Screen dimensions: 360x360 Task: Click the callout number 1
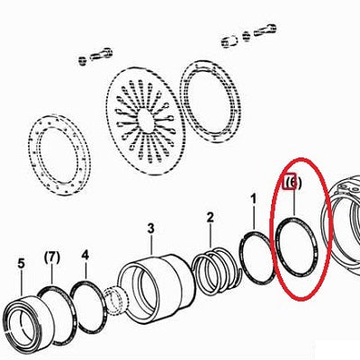click(254, 199)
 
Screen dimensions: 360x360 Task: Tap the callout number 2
click(211, 217)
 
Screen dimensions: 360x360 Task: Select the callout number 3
click(150, 229)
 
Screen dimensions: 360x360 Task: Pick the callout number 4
click(85, 256)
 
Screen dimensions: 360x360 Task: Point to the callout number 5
click(21, 264)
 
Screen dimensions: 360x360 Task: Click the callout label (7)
click(52, 257)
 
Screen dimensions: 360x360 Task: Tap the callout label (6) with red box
click(293, 182)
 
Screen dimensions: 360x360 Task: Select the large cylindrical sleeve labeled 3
click(156, 289)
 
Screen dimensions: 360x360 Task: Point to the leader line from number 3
click(151, 245)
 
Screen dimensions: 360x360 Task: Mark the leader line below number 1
click(254, 219)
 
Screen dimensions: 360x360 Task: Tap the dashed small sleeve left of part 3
click(116, 301)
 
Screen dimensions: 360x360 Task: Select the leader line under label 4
click(85, 271)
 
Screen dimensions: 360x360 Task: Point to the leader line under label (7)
click(52, 274)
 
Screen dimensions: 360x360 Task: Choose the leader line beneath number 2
click(211, 236)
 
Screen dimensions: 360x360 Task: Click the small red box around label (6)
click(291, 181)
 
